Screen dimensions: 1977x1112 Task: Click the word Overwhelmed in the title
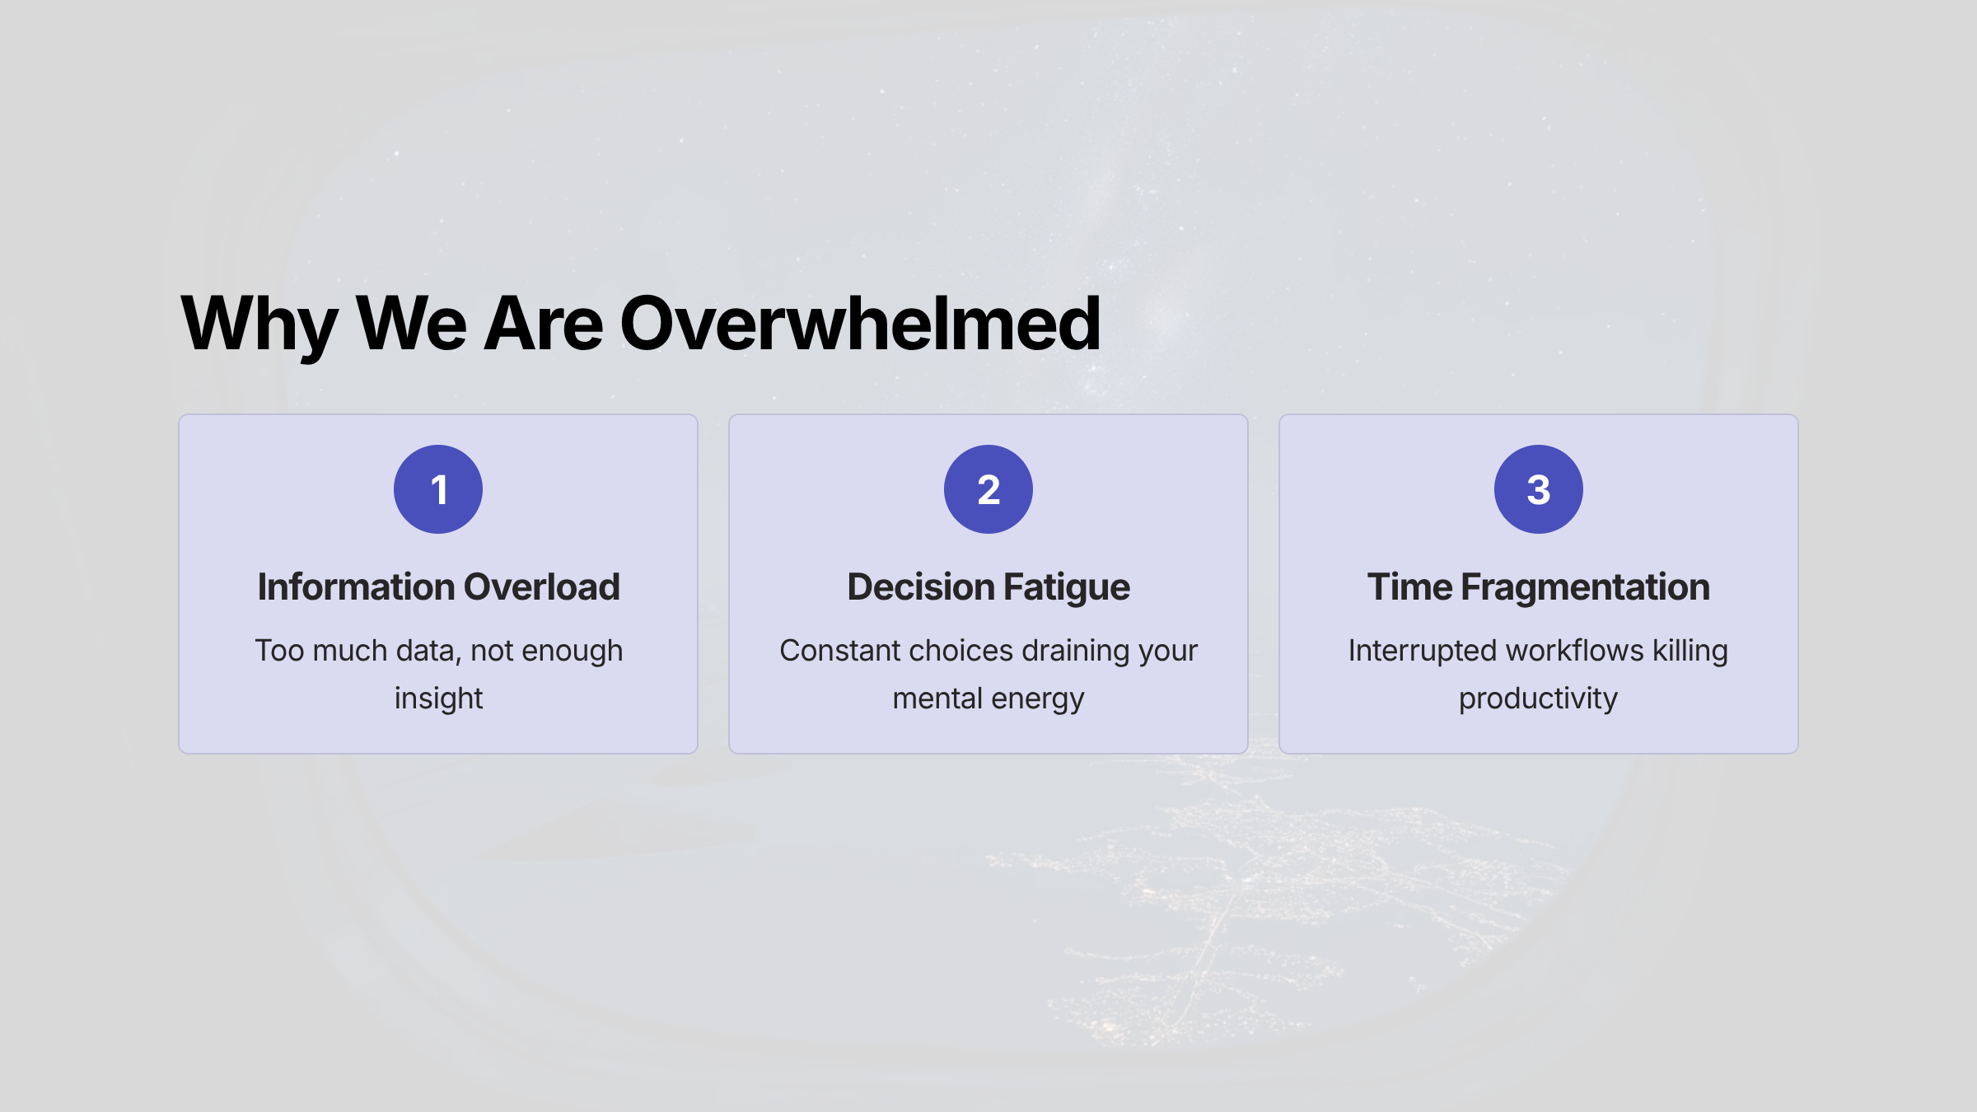(860, 324)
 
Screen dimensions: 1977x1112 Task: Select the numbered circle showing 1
(438, 489)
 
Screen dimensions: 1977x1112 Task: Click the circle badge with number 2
(988, 489)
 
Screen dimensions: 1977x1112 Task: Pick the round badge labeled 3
(1539, 489)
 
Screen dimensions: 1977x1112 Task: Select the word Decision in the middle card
(921, 587)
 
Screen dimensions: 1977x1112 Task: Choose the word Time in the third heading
(1410, 587)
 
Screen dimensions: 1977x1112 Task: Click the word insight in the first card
(438, 699)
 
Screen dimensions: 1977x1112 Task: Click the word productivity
(1539, 699)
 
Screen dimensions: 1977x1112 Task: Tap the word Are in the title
(544, 324)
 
